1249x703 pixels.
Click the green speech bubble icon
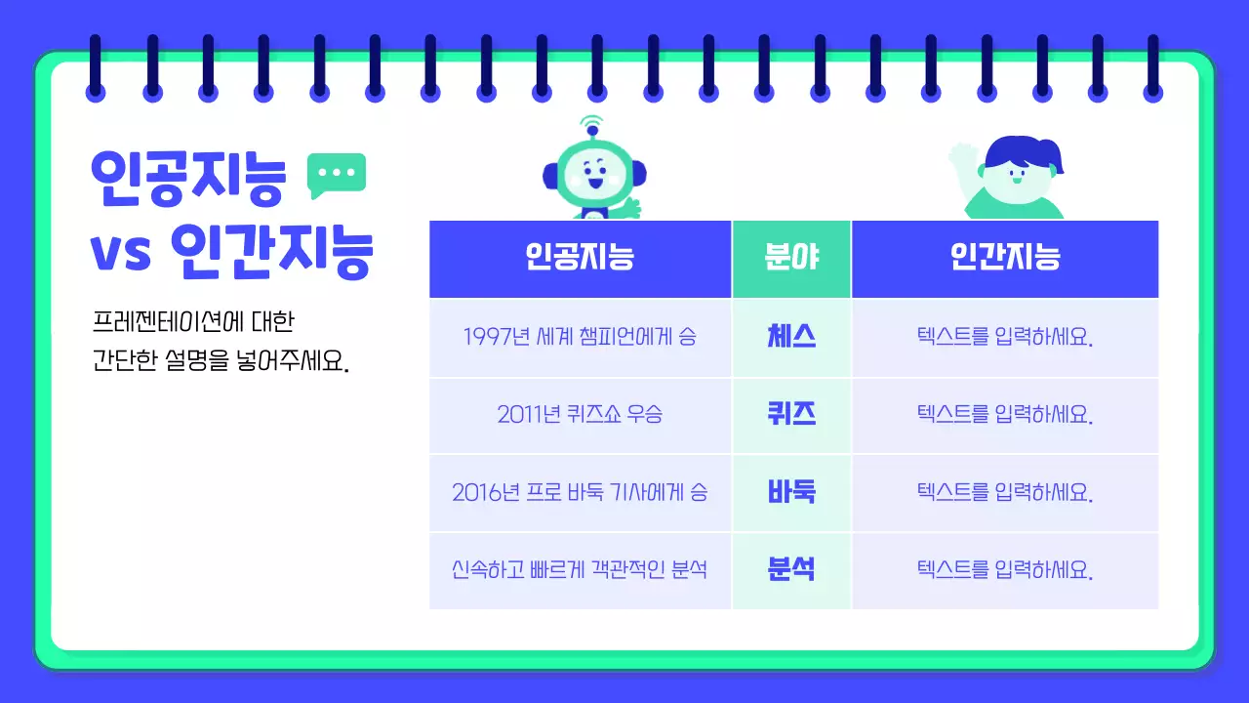(337, 174)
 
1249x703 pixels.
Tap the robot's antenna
(591, 128)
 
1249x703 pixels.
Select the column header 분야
(791, 259)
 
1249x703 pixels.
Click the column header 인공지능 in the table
(580, 259)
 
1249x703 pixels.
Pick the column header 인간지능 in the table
(1005, 259)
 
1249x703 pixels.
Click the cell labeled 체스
(791, 337)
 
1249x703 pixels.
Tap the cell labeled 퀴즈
(791, 415)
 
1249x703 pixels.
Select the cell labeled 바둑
(791, 492)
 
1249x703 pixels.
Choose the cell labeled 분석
(791, 570)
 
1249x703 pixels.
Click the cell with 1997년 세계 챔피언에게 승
(580, 338)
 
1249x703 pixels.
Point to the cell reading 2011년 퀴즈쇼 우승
(580, 415)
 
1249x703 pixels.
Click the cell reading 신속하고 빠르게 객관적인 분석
(580, 570)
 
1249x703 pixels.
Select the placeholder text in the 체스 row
(1005, 338)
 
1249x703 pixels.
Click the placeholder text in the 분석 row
(1005, 570)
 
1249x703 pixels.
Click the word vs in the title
(121, 253)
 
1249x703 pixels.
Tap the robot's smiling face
(593, 176)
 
